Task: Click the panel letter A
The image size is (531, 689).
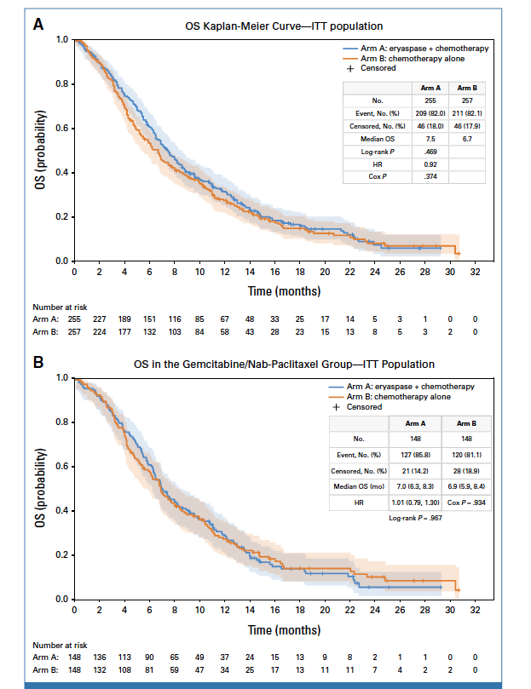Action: tap(38, 26)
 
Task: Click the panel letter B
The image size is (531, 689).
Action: tap(38, 363)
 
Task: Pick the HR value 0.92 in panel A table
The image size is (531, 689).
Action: tap(430, 164)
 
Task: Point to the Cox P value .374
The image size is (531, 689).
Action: tap(430, 176)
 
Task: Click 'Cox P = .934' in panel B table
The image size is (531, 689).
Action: tap(466, 503)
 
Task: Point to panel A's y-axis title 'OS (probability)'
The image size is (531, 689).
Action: tap(40, 150)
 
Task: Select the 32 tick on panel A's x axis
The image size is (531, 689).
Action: tap(476, 273)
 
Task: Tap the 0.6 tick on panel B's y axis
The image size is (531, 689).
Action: tap(63, 467)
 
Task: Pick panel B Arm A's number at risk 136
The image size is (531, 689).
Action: tap(100, 656)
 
